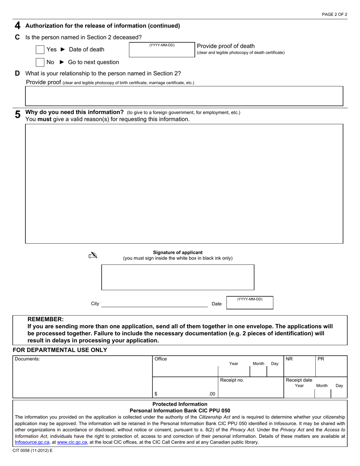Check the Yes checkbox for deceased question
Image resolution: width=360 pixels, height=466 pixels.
click(40, 50)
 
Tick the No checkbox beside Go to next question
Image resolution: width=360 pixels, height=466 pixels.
click(40, 62)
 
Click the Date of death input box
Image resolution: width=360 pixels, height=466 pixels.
click(162, 51)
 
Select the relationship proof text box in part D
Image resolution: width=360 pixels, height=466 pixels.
click(184, 96)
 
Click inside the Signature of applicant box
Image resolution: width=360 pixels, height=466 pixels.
click(178, 277)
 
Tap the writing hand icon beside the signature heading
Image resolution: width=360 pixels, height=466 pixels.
click(92, 256)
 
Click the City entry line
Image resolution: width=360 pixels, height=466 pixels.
click(155, 303)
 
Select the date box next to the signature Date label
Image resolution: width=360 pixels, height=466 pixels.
click(249, 304)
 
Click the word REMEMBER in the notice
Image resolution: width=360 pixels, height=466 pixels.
click(45, 319)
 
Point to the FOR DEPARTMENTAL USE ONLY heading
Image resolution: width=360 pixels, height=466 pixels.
click(60, 350)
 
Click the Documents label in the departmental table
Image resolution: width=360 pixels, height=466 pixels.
click(27, 359)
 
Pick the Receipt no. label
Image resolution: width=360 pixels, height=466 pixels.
click(232, 380)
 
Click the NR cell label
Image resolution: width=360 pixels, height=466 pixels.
click(289, 359)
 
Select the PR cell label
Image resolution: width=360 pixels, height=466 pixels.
click(321, 359)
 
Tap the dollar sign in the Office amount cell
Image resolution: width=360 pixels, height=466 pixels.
click(156, 394)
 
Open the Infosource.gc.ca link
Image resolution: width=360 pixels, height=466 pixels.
click(32, 442)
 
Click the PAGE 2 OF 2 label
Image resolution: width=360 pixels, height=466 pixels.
click(334, 14)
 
